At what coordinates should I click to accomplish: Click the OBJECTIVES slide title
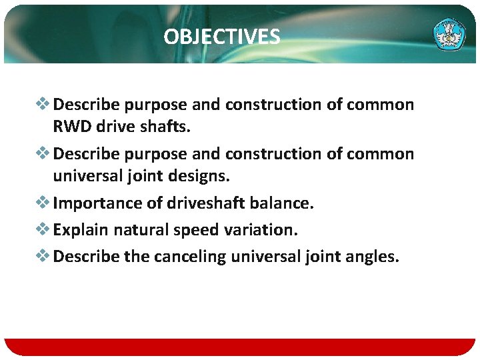tap(222, 37)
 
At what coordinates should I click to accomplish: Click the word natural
tap(139, 230)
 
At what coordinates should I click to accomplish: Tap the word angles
tap(373, 257)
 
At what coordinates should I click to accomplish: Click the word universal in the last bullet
tap(262, 257)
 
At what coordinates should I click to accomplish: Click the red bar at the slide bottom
tap(240, 347)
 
